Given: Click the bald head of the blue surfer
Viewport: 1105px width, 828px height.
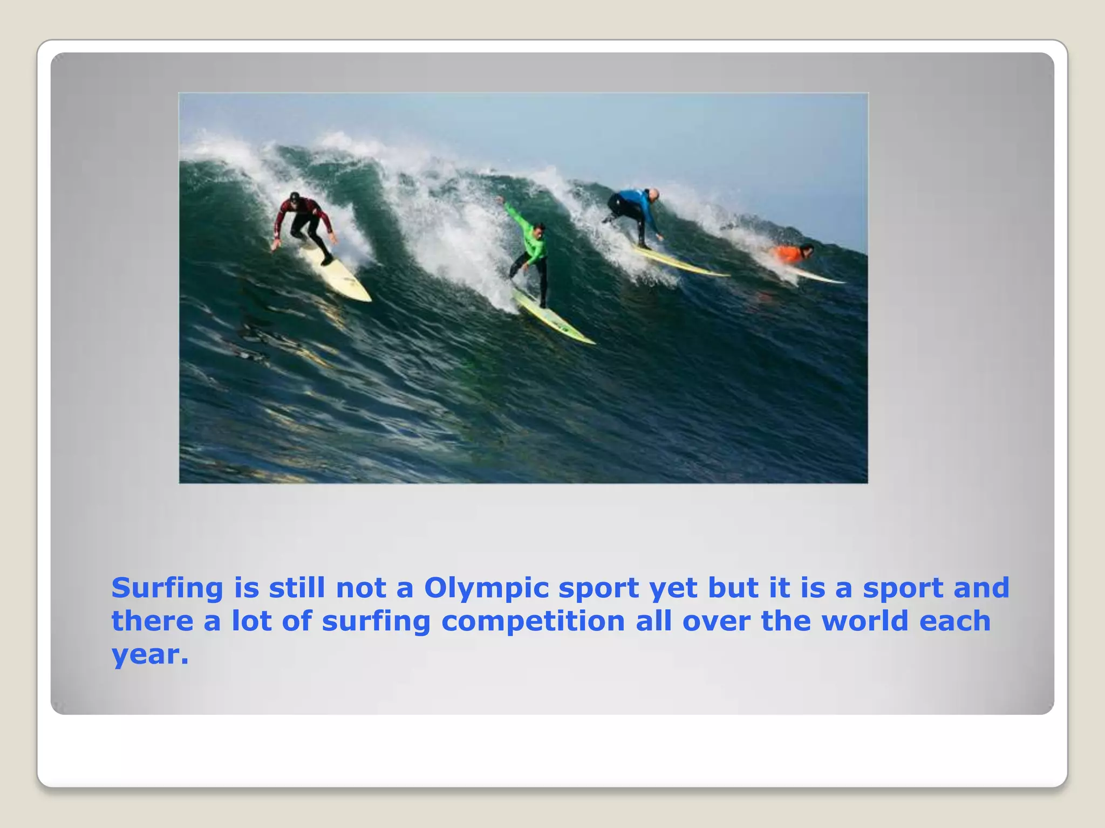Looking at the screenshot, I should coord(653,194).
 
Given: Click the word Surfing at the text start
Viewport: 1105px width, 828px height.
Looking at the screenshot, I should coord(167,588).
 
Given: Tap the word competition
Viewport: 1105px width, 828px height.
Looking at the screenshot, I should coord(533,622).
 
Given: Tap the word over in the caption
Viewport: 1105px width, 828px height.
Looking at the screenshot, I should coord(716,622).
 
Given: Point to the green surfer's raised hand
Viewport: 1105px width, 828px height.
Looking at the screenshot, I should coord(500,201).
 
